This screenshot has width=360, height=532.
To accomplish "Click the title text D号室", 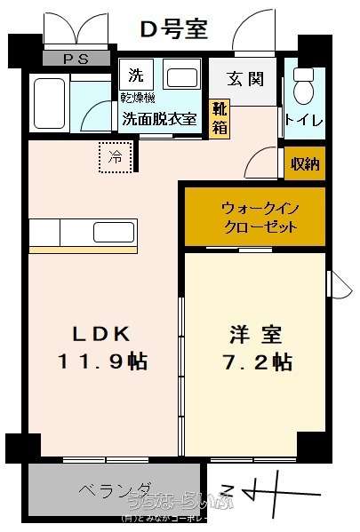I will point(174,28).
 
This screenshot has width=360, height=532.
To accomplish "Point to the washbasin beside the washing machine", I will point(182,77).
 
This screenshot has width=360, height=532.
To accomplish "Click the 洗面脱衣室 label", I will point(160,120).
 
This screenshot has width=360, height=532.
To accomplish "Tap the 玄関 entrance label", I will point(244,79).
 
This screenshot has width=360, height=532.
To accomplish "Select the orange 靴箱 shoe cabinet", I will point(219,119).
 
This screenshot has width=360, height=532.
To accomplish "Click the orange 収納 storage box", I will point(304,163).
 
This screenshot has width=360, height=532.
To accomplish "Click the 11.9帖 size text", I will point(102,362).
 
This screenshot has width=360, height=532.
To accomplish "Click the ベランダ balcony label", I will point(116,490).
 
